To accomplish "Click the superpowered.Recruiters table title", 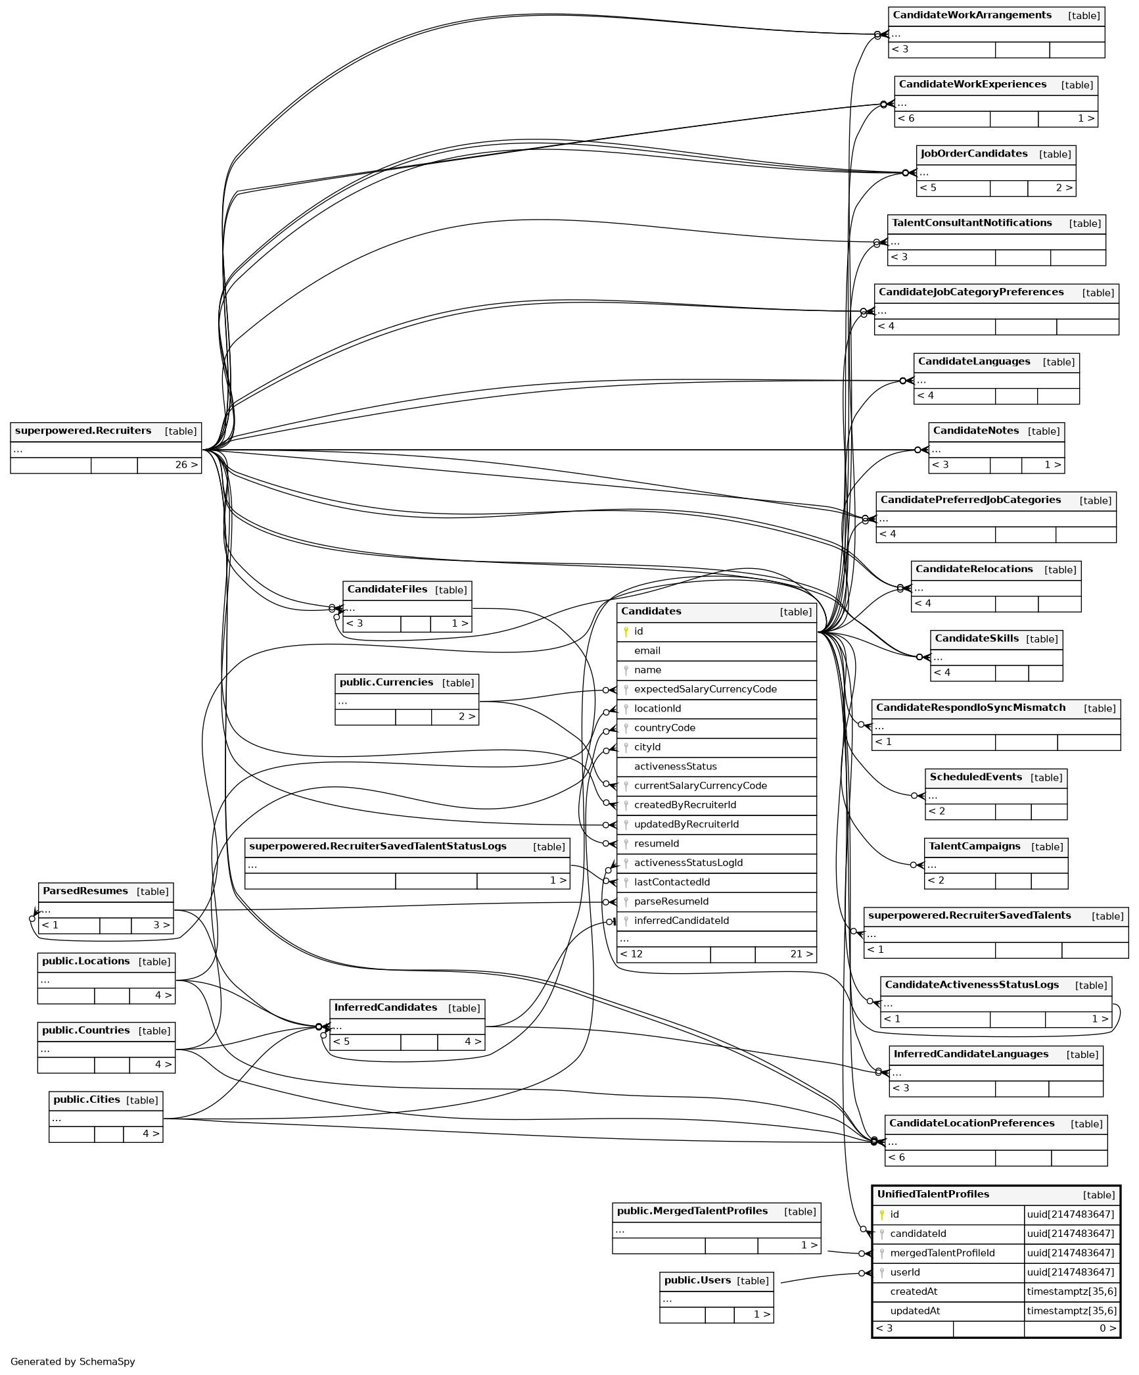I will click(83, 431).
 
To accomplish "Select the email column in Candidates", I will click(647, 651).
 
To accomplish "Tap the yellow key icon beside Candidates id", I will click(626, 632).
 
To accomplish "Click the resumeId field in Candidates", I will click(656, 844).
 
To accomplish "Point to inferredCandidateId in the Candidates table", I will click(681, 921).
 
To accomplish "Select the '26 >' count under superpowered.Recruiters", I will click(185, 465).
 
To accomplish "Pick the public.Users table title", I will click(697, 1280).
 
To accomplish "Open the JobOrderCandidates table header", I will click(973, 154).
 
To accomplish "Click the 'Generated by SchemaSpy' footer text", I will click(72, 1362).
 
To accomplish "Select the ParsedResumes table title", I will click(85, 891).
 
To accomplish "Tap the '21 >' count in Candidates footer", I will click(801, 954).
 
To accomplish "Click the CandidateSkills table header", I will click(976, 639).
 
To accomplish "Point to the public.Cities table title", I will click(86, 1099).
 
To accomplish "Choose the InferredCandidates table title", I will click(385, 1007).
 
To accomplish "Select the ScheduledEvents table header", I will click(975, 777).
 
